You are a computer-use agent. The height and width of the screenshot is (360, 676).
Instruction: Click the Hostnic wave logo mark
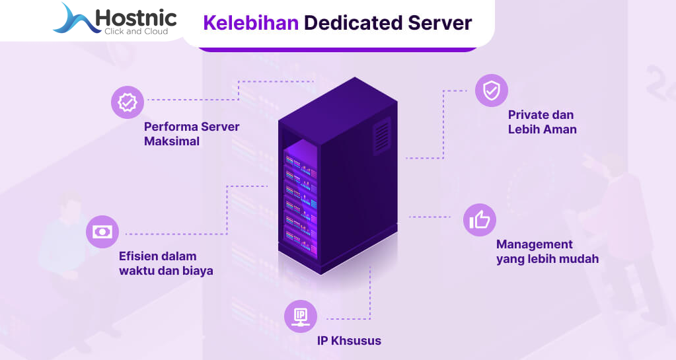click(x=74, y=20)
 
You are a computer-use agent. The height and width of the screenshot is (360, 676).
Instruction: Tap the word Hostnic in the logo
click(x=135, y=17)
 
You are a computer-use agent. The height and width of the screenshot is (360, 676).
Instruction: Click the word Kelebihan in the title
click(x=250, y=23)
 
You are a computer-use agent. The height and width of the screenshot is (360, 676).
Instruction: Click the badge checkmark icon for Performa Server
click(x=127, y=102)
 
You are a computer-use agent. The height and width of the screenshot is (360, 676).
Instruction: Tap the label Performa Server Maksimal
click(x=191, y=133)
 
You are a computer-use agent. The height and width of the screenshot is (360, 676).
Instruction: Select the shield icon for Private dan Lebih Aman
click(x=492, y=90)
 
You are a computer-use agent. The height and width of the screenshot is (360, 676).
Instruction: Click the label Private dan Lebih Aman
click(x=542, y=122)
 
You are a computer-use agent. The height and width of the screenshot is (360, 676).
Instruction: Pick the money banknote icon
click(x=102, y=232)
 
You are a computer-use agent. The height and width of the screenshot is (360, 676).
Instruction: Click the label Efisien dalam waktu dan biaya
click(x=166, y=263)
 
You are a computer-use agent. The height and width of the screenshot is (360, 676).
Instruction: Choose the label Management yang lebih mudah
click(x=547, y=252)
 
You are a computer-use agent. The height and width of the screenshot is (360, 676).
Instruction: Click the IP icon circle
click(x=301, y=315)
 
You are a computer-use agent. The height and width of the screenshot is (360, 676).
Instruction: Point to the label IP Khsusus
click(x=348, y=341)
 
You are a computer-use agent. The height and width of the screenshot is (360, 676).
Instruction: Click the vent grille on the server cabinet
click(x=382, y=137)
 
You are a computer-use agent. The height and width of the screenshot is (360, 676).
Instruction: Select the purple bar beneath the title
click(x=337, y=48)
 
